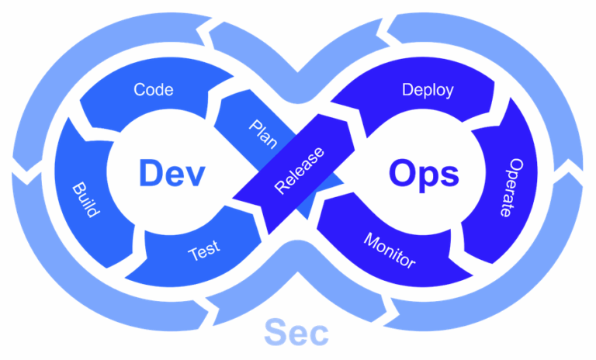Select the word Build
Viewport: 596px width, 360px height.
pyautogui.click(x=85, y=200)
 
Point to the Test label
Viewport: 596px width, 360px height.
pyautogui.click(x=204, y=251)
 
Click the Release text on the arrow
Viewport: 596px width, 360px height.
pyautogui.click(x=300, y=168)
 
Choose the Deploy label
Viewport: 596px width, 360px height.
pyautogui.click(x=428, y=89)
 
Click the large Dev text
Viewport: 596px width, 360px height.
pyautogui.click(x=172, y=172)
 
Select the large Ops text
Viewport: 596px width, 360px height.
pyautogui.click(x=424, y=174)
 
